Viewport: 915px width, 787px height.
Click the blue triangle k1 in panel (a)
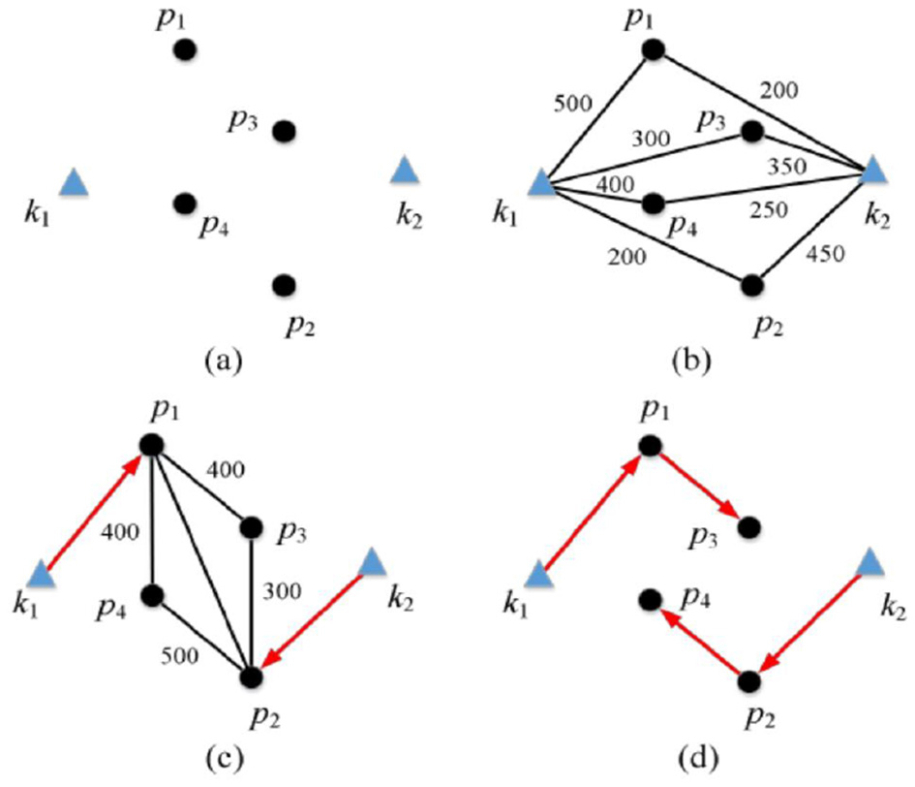tap(75, 181)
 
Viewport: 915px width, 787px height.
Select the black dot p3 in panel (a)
tap(283, 131)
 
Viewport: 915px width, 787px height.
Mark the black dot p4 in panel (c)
tap(152, 595)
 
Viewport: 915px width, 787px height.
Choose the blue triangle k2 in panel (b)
tap(874, 172)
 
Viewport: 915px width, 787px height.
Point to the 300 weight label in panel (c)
tap(281, 591)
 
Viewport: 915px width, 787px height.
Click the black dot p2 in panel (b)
tap(750, 286)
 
